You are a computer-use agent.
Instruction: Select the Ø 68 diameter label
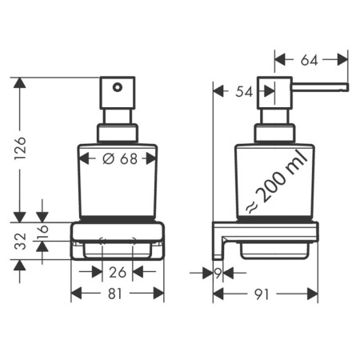pyautogui.click(x=118, y=158)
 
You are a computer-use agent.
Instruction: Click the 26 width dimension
pyautogui.click(x=118, y=272)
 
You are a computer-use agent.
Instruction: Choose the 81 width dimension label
pyautogui.click(x=118, y=294)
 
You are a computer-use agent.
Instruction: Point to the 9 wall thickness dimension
pyautogui.click(x=218, y=272)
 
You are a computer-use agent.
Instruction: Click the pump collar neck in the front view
pyautogui.click(x=118, y=133)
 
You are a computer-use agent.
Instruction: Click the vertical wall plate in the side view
pyautogui.click(x=215, y=240)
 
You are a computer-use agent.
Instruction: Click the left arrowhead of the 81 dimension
pyautogui.click(x=75, y=294)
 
